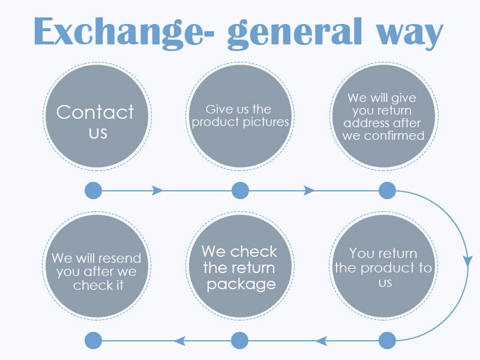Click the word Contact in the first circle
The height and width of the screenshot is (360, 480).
[x=95, y=112]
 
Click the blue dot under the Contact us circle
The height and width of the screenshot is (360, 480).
[x=93, y=191]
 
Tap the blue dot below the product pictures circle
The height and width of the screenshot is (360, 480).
[x=240, y=191]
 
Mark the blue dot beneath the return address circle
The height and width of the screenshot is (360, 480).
[x=387, y=191]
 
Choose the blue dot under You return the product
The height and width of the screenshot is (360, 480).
[x=387, y=341]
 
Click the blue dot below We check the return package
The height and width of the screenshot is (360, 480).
[x=240, y=341]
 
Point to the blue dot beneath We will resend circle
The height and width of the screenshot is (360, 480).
[x=93, y=341]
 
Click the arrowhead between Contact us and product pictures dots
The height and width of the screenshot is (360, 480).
[x=158, y=191]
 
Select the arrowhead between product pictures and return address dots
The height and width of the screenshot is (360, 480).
[x=310, y=191]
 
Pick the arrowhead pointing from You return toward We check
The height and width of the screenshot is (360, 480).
[x=322, y=341]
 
